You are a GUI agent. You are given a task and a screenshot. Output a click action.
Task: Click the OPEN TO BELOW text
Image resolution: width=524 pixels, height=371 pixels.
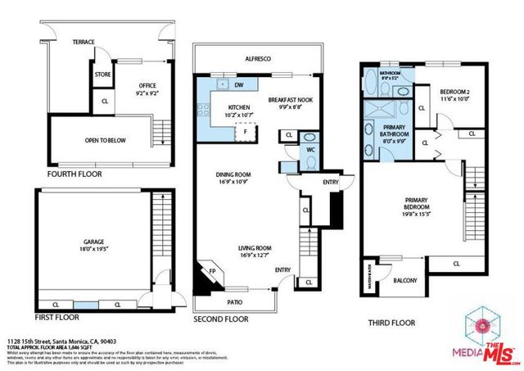tap(106, 140)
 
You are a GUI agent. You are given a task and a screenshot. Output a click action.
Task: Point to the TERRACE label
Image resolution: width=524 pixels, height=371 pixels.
tap(84, 41)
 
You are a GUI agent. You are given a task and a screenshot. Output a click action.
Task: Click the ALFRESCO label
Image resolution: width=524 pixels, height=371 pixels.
tap(258, 60)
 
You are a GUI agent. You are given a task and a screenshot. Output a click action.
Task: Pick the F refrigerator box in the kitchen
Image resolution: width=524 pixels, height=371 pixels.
tap(245, 132)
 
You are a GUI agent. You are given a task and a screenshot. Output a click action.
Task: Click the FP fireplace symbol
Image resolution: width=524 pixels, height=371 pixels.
tap(211, 272)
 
